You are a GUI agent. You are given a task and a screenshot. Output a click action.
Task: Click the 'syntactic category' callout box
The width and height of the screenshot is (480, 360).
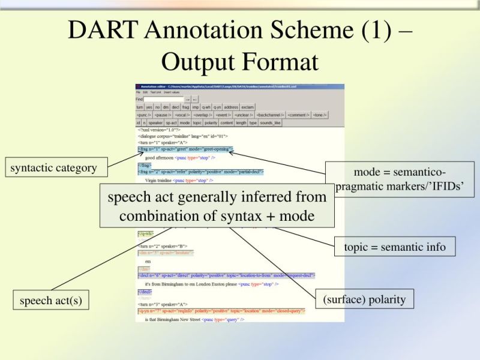(x=53, y=168)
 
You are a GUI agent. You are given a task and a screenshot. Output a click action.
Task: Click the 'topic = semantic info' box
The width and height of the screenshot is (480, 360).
(x=395, y=247)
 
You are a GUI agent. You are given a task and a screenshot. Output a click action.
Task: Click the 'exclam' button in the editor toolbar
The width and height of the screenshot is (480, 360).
(x=248, y=107)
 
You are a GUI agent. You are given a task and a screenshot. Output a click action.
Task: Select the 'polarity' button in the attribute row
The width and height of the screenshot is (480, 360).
(x=211, y=122)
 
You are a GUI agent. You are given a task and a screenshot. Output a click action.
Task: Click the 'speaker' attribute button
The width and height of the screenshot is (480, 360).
(x=155, y=122)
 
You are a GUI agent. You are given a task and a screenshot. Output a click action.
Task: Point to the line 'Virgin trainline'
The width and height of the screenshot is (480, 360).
(x=158, y=179)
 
